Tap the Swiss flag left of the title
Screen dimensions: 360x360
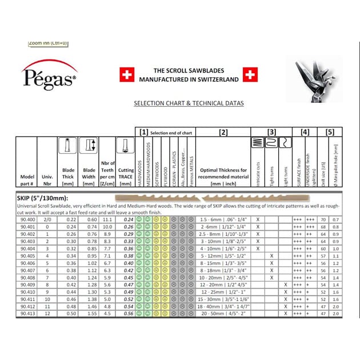click(x=125, y=74)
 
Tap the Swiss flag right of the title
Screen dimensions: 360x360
click(x=250, y=74)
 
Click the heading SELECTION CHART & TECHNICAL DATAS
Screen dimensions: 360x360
click(x=181, y=103)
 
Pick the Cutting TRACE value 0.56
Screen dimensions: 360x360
click(x=128, y=313)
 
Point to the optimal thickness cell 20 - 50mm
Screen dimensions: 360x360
click(x=223, y=313)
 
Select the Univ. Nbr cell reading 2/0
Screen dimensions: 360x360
click(x=47, y=219)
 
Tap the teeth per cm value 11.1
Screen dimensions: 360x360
click(x=107, y=219)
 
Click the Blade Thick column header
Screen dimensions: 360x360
click(x=69, y=173)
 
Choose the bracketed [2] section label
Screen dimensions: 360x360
click(x=223, y=132)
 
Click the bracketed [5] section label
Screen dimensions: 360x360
click(x=330, y=132)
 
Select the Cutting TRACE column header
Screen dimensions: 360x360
click(x=126, y=173)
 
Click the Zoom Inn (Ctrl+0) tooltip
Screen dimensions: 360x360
click(x=49, y=42)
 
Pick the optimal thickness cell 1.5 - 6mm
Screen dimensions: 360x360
click(x=223, y=219)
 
